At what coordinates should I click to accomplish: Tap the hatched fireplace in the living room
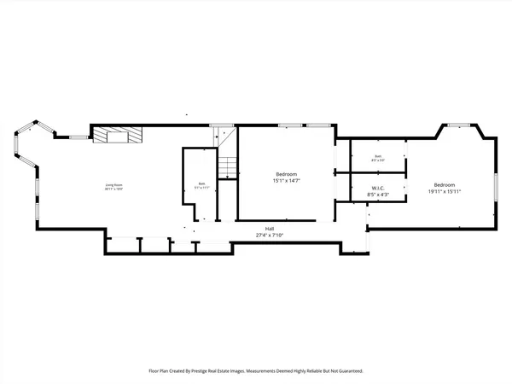pyautogui.click(x=117, y=135)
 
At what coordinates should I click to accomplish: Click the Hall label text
pyautogui.click(x=270, y=228)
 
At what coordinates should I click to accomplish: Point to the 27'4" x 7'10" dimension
pyautogui.click(x=270, y=235)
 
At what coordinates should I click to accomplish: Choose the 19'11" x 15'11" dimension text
pyautogui.click(x=445, y=192)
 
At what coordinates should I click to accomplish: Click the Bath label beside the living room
pyautogui.click(x=202, y=183)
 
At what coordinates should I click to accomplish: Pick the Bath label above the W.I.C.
pyautogui.click(x=378, y=157)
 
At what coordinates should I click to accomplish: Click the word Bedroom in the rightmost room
pyautogui.click(x=445, y=185)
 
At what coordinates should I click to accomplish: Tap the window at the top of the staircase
pyautogui.click(x=223, y=125)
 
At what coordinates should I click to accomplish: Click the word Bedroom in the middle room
pyautogui.click(x=287, y=174)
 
